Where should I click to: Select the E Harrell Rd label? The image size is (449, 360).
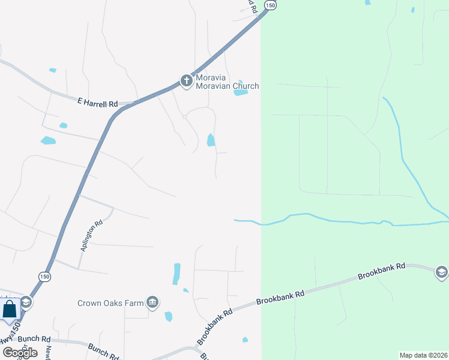tap(97, 103)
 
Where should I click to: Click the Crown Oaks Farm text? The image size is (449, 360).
tap(110, 303)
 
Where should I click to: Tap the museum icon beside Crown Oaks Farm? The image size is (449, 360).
tap(152, 302)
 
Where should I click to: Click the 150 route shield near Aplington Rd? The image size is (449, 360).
tap(44, 277)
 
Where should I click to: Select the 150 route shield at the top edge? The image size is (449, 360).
tap(271, 5)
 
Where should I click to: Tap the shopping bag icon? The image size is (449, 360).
tap(10, 310)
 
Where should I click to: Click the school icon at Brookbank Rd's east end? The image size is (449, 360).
tap(442, 272)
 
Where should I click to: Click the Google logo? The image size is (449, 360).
tap(20, 352)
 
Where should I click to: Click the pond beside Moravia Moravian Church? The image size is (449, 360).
tap(241, 91)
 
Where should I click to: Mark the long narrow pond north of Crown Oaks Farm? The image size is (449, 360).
tap(176, 274)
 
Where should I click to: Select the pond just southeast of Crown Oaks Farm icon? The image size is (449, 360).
tap(169, 316)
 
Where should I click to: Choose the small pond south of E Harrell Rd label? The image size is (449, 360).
tap(63, 125)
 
